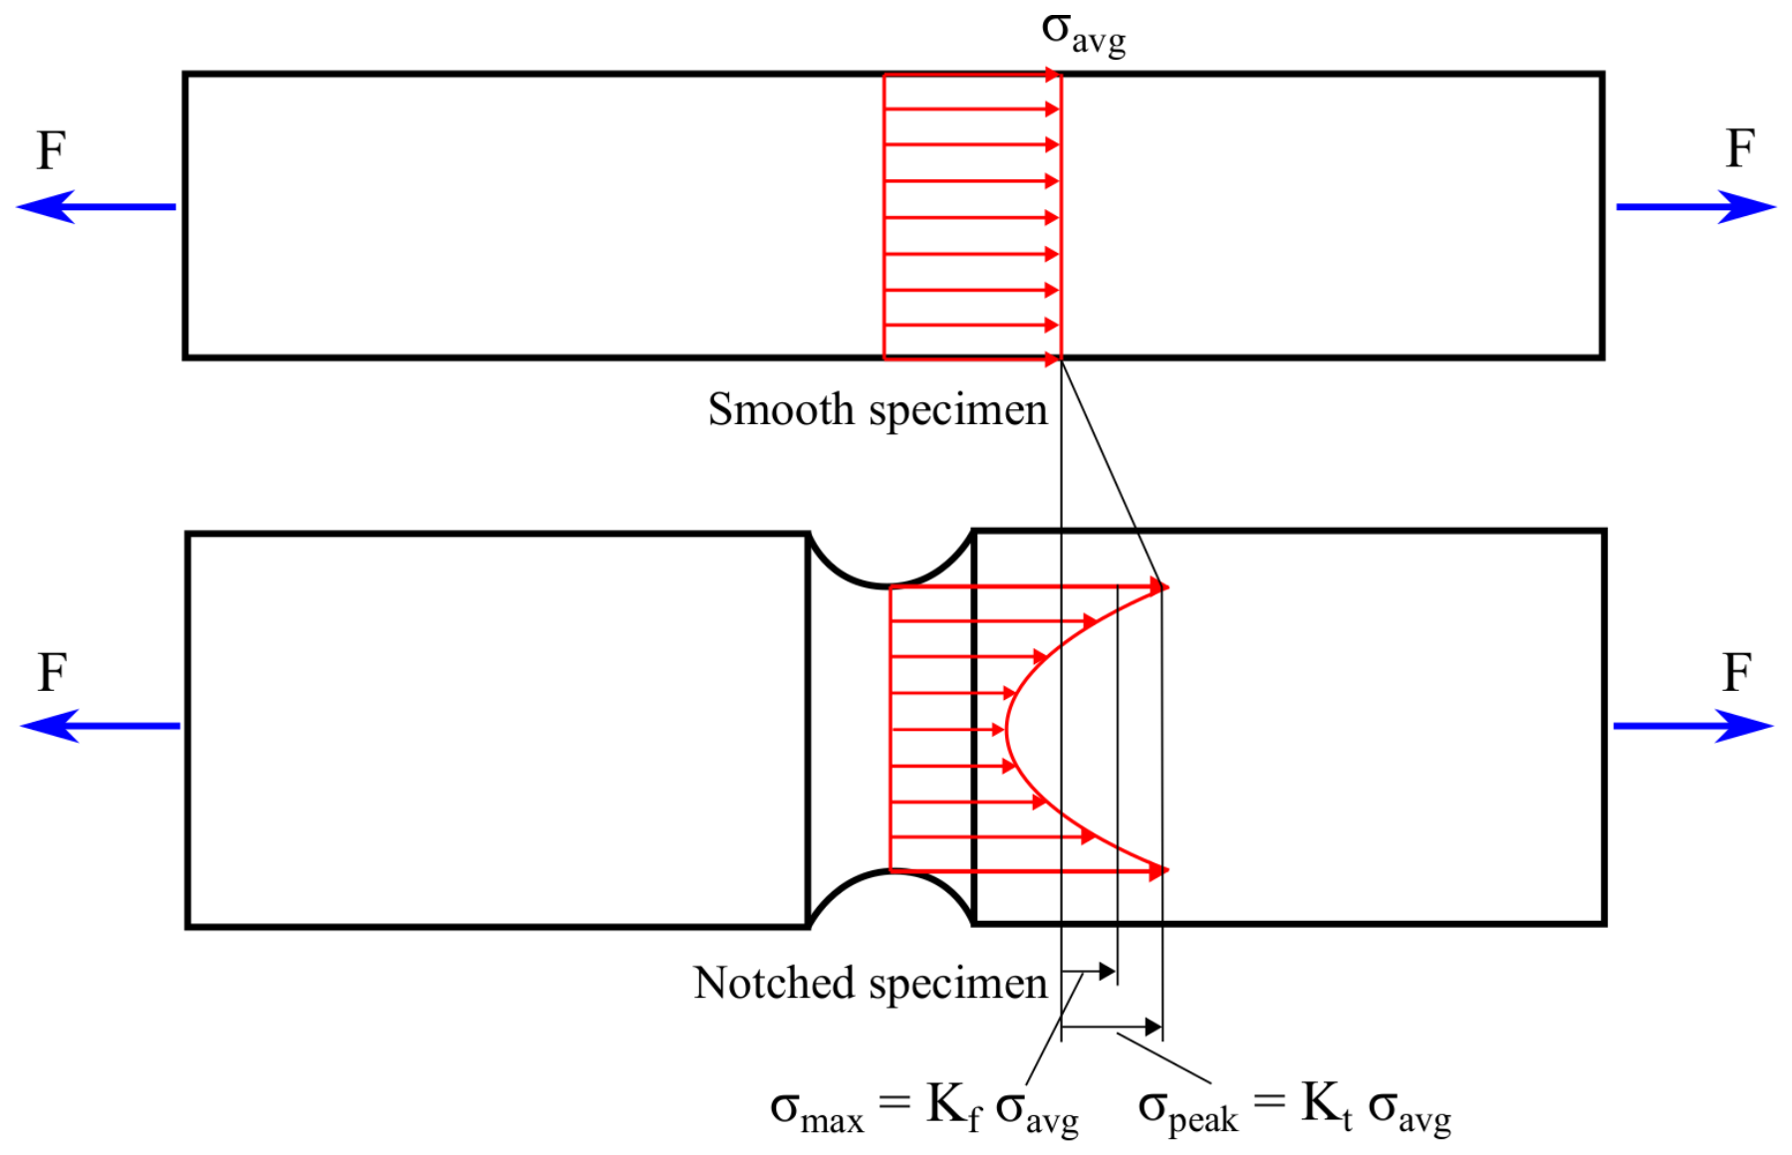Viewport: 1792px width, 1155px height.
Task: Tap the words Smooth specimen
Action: (x=878, y=409)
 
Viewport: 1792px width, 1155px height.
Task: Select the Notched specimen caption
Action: (x=871, y=983)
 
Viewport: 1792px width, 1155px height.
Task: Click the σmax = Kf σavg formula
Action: (x=924, y=1108)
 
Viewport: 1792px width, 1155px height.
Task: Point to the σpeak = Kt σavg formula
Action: (x=1294, y=1108)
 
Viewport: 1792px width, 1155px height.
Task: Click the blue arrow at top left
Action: (x=96, y=207)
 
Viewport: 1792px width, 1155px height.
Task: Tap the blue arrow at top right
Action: (x=1695, y=207)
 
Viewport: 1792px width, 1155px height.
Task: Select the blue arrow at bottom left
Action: (x=100, y=726)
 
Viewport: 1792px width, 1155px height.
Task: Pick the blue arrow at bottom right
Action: (x=1693, y=726)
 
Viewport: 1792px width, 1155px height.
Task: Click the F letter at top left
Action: (x=51, y=151)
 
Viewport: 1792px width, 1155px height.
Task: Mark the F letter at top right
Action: (x=1739, y=149)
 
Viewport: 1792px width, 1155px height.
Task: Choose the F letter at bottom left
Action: (x=52, y=673)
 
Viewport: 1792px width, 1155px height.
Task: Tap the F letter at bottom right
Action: (x=1736, y=673)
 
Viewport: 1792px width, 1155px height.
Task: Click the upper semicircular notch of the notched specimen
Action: (x=890, y=584)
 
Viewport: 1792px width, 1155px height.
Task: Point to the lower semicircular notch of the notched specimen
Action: (x=890, y=871)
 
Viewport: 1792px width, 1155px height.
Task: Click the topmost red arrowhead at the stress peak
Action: (x=1159, y=587)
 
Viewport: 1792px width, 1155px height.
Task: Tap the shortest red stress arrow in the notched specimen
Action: (x=947, y=730)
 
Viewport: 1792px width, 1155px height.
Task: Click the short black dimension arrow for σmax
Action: (x=1089, y=971)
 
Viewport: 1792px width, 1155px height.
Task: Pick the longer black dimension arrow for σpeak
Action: (x=1112, y=1027)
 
